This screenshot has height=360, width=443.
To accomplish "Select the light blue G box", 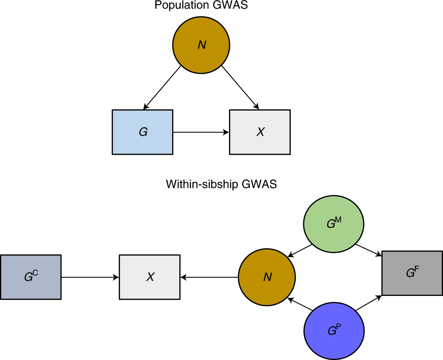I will (x=142, y=132).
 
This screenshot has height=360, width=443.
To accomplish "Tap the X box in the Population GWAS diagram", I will (x=260, y=132).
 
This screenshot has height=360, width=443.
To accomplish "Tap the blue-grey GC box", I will (x=31, y=277).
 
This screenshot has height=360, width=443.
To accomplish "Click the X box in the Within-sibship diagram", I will (x=150, y=277).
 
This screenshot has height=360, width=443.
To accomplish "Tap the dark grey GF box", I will (x=412, y=272).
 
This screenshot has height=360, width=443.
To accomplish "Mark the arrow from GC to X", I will (x=90, y=277).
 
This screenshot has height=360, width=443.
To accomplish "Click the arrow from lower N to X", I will (x=209, y=277).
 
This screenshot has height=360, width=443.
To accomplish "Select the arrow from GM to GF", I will (x=369, y=251).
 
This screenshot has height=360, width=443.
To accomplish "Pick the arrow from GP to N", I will (x=300, y=304).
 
